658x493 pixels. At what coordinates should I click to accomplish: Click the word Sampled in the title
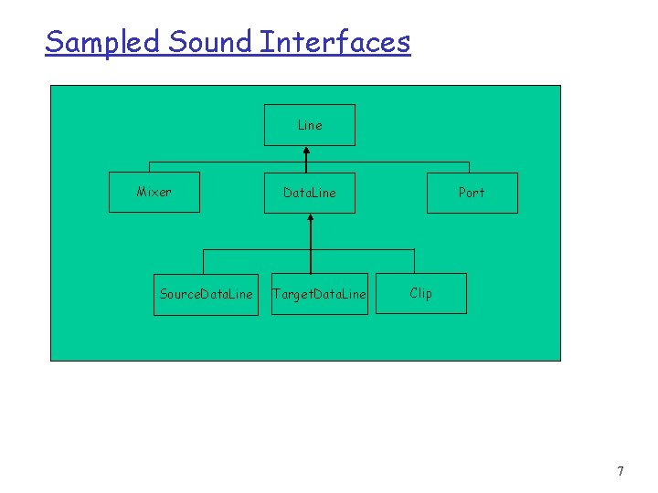[103, 42]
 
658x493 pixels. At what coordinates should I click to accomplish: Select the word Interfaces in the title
[335, 42]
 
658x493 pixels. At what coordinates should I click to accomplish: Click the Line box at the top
[310, 125]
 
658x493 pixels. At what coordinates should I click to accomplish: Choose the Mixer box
[154, 193]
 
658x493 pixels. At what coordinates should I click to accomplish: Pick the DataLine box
[310, 193]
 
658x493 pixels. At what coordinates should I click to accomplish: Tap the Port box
[472, 193]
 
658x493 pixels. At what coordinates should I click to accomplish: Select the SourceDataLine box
[207, 294]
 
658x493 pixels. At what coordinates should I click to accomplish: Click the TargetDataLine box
[320, 294]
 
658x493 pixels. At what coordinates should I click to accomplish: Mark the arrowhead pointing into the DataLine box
[311, 220]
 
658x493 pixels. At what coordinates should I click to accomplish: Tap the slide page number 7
[621, 472]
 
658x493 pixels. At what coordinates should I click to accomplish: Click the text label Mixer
[154, 192]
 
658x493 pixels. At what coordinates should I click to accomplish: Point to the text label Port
[472, 193]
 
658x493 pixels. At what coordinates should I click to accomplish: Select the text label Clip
[421, 293]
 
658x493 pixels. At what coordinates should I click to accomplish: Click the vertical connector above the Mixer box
[149, 167]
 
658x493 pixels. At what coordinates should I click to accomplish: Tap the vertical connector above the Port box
[469, 167]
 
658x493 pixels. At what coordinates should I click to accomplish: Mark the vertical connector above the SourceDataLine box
[203, 261]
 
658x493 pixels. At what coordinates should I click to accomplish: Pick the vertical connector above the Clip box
[414, 261]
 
